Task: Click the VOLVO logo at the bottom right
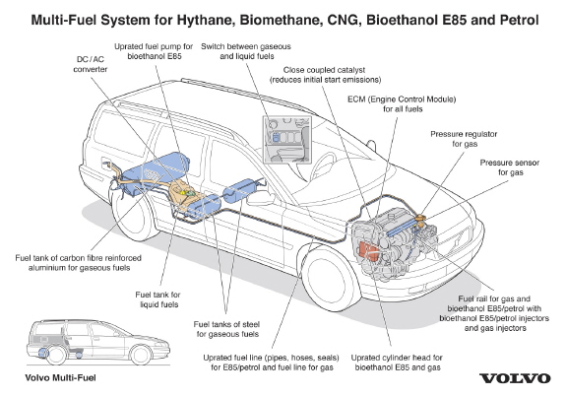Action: click(515, 378)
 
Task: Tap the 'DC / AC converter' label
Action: click(91, 64)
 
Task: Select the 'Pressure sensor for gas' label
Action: click(510, 167)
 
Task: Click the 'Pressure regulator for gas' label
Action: click(464, 139)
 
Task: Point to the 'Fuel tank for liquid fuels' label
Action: click(158, 299)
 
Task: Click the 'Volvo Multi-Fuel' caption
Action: click(60, 378)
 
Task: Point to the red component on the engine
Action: click(368, 250)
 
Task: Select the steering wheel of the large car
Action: click(323, 164)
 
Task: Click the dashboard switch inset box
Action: click(287, 140)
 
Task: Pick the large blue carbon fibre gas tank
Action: click(156, 168)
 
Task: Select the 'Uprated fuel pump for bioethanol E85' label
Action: click(154, 51)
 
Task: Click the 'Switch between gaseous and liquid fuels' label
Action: click(246, 51)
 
